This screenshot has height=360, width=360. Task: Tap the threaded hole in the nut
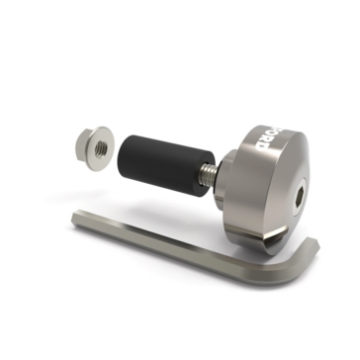coord(99,148)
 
